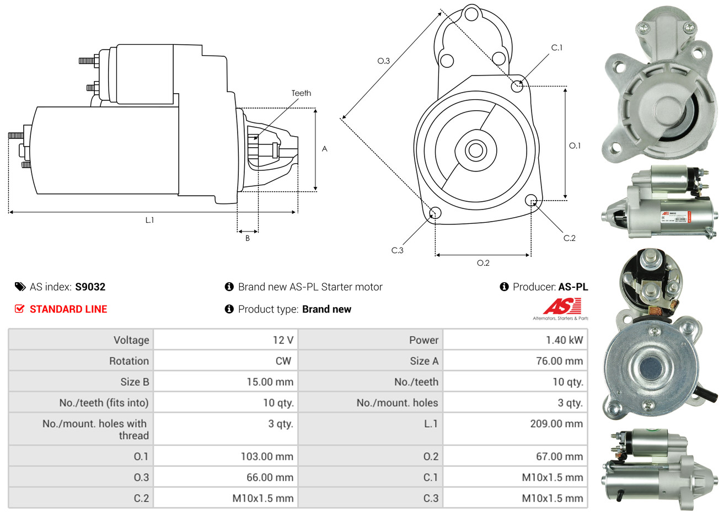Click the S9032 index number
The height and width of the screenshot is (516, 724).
click(x=90, y=287)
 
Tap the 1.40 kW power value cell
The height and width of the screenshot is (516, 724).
click(x=564, y=340)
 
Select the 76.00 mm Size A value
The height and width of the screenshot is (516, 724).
click(x=559, y=361)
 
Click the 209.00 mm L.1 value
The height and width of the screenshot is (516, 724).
click(x=556, y=424)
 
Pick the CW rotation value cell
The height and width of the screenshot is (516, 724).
click(x=283, y=361)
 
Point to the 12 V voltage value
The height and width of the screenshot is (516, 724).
click(x=283, y=340)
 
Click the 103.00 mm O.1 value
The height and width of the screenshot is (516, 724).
click(x=267, y=456)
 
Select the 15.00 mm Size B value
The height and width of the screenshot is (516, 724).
click(x=270, y=382)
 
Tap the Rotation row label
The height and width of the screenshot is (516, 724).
click(x=129, y=361)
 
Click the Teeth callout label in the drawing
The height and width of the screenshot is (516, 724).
click(x=301, y=93)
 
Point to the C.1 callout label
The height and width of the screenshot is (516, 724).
click(x=557, y=48)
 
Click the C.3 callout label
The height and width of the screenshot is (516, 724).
click(x=397, y=250)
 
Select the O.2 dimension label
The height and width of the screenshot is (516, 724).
click(x=483, y=263)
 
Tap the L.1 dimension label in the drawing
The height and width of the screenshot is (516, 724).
click(x=149, y=220)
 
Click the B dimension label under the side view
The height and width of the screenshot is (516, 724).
click(x=248, y=238)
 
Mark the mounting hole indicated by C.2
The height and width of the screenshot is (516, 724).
click(x=531, y=200)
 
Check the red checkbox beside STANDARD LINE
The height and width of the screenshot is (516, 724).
click(x=19, y=309)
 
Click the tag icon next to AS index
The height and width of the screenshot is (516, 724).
click(x=20, y=287)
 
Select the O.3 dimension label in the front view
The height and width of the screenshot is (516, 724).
click(x=383, y=61)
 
